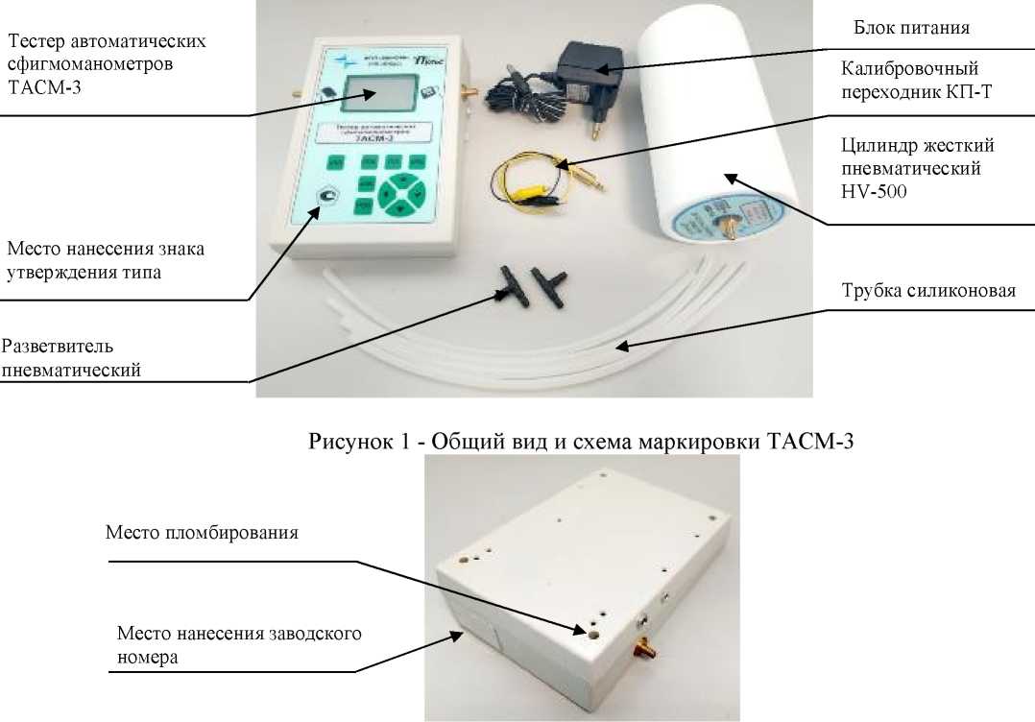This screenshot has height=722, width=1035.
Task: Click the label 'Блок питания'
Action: click(911, 28)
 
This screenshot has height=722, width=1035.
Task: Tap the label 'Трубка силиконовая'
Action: click(927, 291)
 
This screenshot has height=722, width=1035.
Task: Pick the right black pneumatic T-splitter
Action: click(558, 285)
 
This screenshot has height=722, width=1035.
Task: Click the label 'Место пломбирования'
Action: click(202, 532)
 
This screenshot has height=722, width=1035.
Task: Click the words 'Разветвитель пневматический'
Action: click(71, 357)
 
